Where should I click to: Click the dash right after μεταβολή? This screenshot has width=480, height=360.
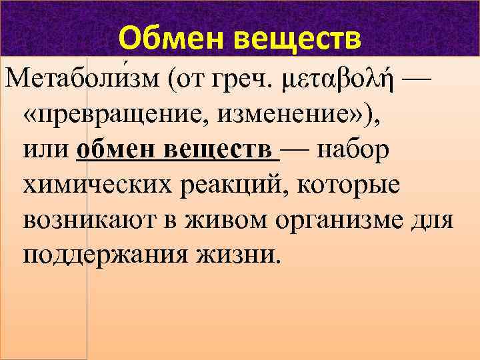(413, 81)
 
